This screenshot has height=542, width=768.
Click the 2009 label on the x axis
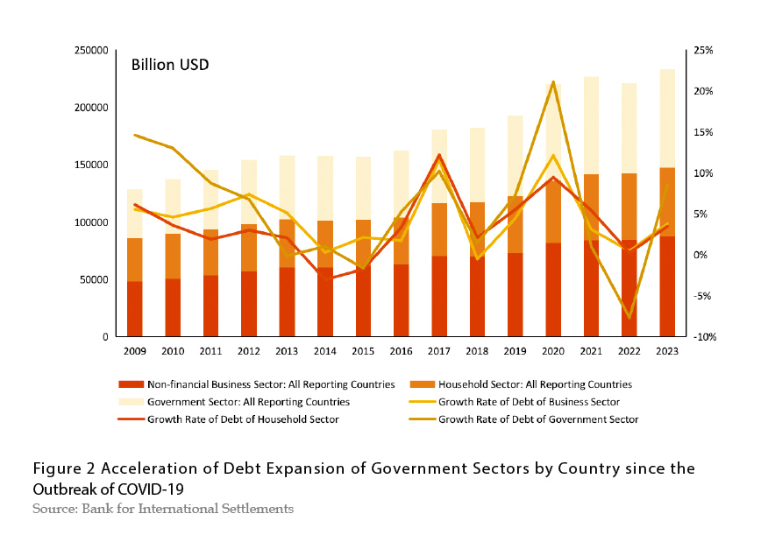134,351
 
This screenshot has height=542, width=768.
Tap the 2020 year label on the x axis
553,351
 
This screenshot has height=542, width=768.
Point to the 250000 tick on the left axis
90,51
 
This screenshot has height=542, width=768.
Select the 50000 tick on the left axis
93,279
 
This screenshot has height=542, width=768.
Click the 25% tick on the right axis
704,51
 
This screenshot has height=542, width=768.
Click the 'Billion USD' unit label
170,65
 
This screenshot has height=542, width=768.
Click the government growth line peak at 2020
553,81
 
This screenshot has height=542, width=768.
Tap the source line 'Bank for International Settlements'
184,508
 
